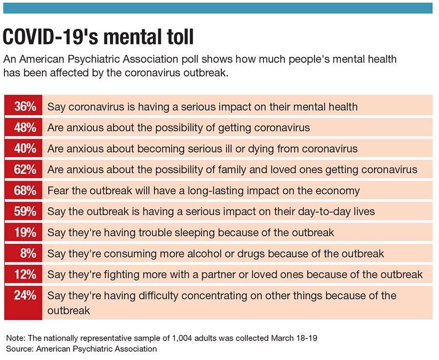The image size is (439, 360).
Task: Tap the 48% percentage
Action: tap(23, 128)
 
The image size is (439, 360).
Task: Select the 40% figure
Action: tap(23, 149)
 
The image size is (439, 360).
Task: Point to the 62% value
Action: tap(23, 170)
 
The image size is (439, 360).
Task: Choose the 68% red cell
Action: tap(23, 191)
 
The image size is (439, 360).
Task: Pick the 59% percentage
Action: tap(23, 212)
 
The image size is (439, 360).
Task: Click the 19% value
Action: tap(23, 233)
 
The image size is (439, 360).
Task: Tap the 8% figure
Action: tap(23, 254)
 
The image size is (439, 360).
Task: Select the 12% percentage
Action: tap(23, 275)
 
